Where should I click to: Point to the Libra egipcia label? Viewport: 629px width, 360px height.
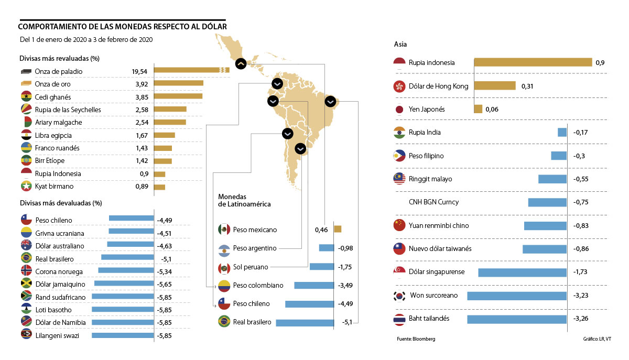(53, 135)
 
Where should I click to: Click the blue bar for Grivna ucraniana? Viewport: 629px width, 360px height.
(131, 231)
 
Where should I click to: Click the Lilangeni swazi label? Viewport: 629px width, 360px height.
(57, 335)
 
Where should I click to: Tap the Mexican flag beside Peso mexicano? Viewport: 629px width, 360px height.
(224, 230)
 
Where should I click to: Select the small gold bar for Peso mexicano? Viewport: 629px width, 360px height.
(338, 229)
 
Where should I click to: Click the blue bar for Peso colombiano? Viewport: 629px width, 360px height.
(314, 286)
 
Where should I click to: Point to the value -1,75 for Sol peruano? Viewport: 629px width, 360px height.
(344, 267)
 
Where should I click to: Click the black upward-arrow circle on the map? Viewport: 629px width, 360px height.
(241, 63)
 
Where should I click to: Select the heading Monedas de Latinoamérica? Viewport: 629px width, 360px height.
(244, 200)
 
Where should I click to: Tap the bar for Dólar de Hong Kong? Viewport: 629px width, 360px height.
(495, 86)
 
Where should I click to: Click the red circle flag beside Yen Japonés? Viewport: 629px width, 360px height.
(399, 110)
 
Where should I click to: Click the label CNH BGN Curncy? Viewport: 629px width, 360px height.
(433, 202)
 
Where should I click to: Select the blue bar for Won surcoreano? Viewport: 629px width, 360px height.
(517, 296)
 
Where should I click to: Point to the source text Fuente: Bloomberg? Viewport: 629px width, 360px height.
(416, 339)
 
